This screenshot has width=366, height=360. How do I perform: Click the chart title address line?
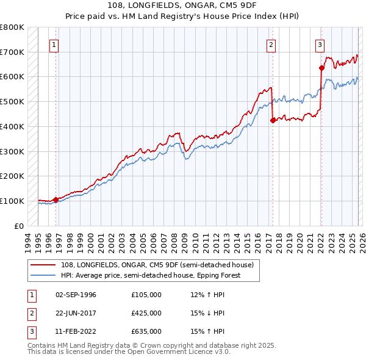click(x=182, y=5)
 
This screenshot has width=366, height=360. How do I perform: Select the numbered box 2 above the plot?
click(x=270, y=44)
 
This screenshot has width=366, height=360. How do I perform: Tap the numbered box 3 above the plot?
click(x=320, y=44)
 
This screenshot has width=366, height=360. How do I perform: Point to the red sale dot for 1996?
click(x=56, y=200)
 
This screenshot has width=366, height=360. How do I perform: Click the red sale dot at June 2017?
click(x=272, y=120)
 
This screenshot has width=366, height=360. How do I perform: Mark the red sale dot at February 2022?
click(x=321, y=68)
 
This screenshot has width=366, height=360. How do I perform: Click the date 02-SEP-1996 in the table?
click(x=76, y=295)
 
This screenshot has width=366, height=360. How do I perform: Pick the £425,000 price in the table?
click(x=146, y=313)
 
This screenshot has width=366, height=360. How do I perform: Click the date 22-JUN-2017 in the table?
click(x=76, y=313)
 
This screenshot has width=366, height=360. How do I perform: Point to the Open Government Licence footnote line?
click(x=129, y=352)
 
